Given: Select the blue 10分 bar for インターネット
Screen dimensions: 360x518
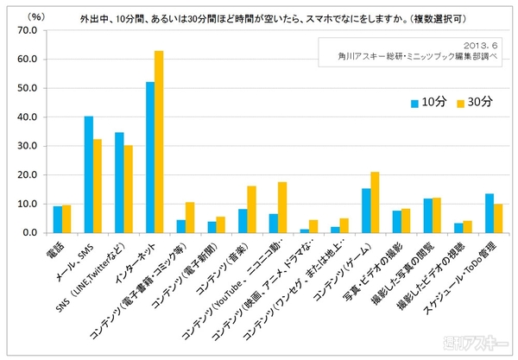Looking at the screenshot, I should [x=149, y=157].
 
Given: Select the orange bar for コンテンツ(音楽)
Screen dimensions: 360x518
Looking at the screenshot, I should [x=251, y=210].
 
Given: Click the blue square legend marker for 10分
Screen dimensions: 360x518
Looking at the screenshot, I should [x=415, y=103].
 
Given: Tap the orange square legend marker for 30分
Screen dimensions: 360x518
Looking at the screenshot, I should [x=460, y=103].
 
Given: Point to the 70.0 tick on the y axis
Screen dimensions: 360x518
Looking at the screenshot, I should [x=27, y=30].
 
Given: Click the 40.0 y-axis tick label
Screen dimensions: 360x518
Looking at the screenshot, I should [x=27, y=117].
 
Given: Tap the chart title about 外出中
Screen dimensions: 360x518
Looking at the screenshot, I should [x=276, y=16].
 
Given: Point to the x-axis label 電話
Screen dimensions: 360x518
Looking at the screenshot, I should [x=57, y=247].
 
